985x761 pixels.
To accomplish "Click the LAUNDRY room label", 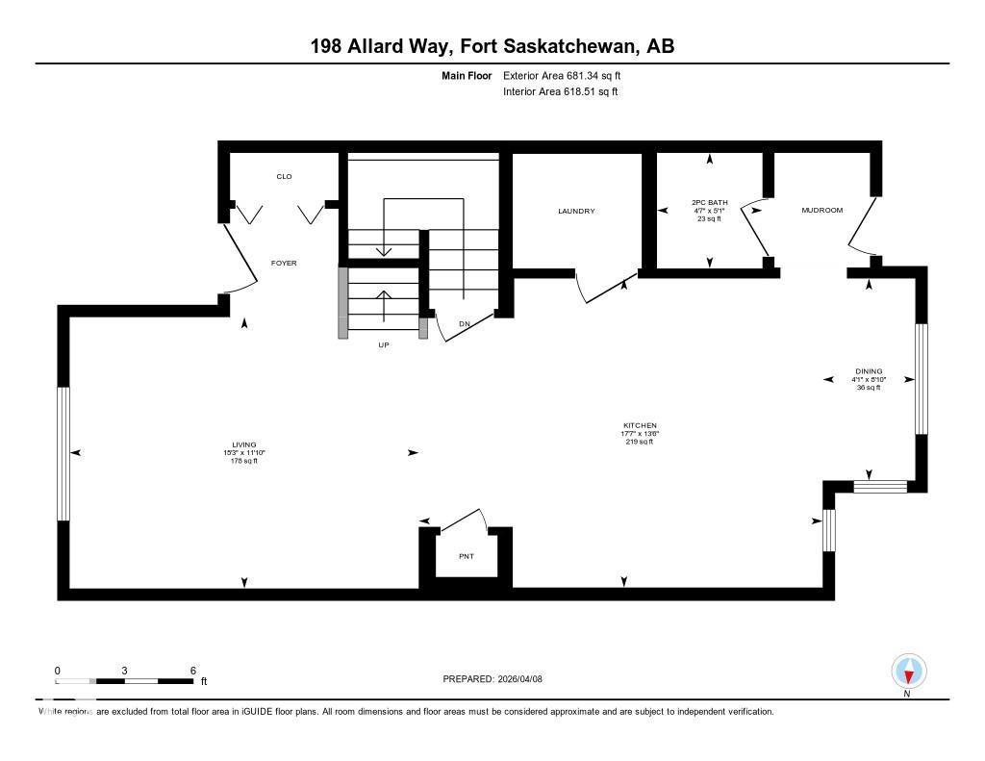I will [x=577, y=211].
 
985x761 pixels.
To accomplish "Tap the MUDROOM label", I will [x=821, y=210].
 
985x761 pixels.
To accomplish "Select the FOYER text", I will [x=284, y=263].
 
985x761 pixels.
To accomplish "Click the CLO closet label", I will [x=284, y=176].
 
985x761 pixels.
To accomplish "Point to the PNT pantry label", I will [x=467, y=556].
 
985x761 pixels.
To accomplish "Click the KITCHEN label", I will [x=639, y=425].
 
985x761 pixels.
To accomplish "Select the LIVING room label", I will [x=243, y=444].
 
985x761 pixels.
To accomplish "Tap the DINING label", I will [x=869, y=371].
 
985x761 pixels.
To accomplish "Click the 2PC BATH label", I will [x=710, y=202].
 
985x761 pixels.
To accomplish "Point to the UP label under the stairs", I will [x=383, y=344].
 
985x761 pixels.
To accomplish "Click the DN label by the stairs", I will [x=464, y=323].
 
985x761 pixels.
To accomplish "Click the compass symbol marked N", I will [x=909, y=672].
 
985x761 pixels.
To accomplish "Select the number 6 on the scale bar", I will [x=193, y=671].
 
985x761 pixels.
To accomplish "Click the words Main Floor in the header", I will [x=467, y=75].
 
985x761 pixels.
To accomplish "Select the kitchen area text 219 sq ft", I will [x=639, y=442].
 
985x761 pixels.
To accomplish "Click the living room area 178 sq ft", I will [x=243, y=461].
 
